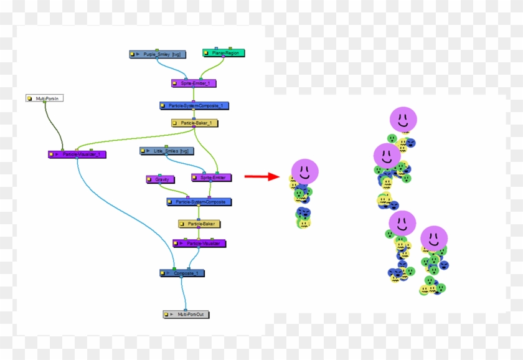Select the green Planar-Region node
coord(224,54)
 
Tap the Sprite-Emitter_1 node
coord(194,83)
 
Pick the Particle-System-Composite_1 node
coord(194,106)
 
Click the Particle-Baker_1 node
coord(194,123)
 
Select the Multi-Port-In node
coord(45,98)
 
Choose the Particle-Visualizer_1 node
coord(77,154)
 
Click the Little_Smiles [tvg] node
coord(167,151)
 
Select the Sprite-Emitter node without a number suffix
coord(211,178)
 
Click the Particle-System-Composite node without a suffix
coord(199,202)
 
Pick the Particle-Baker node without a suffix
coord(200,224)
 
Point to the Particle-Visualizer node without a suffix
coord(200,243)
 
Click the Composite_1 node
coord(182,273)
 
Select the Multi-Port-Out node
coord(186,315)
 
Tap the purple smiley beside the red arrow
coord(304,171)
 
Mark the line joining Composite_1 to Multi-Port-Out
coord(182,293)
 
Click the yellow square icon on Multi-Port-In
coord(30,98)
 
